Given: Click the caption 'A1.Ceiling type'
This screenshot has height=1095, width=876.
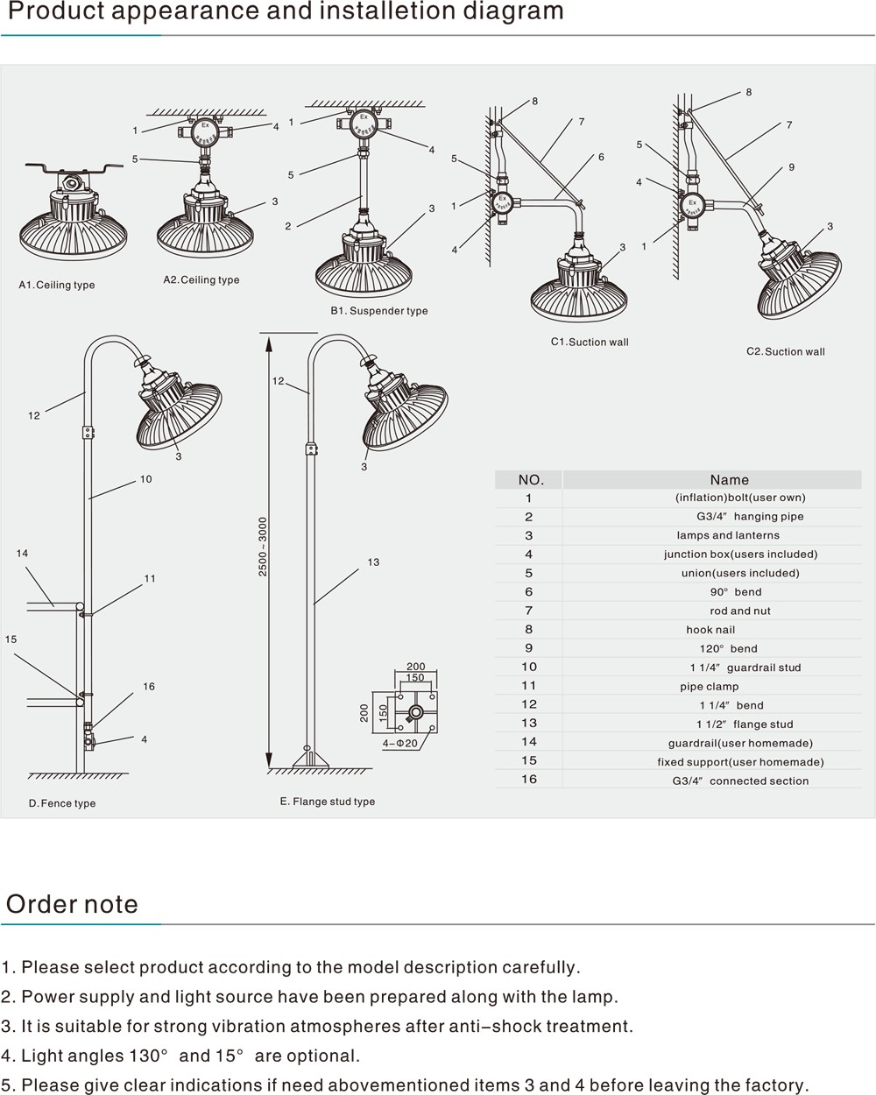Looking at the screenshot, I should point(57,285).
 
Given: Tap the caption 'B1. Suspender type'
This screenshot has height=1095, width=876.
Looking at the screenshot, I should point(378,311).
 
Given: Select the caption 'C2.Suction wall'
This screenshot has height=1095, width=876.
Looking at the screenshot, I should point(785,352).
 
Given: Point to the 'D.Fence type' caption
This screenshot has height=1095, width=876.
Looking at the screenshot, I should point(62,803).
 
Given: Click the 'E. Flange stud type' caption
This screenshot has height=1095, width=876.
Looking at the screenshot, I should point(328,802).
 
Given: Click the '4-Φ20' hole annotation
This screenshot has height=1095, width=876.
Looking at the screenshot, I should point(400,743).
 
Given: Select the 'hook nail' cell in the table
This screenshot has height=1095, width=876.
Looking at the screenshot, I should point(710,630).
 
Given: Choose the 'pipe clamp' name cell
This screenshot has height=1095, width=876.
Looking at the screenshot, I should point(710,687).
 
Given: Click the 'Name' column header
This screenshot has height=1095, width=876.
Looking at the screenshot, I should point(729,480).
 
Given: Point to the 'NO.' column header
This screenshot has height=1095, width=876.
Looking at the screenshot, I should point(531,480).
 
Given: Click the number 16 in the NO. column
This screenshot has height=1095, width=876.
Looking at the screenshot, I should point(529,780).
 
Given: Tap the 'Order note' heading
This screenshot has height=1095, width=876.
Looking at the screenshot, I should point(72,904).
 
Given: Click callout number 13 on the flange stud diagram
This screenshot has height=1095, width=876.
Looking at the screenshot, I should point(373,562).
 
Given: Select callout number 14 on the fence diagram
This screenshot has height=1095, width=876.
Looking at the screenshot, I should point(22,554).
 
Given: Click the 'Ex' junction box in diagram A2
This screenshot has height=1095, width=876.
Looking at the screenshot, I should point(204,131).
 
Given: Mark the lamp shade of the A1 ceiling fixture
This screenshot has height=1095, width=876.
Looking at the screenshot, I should point(74,235).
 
